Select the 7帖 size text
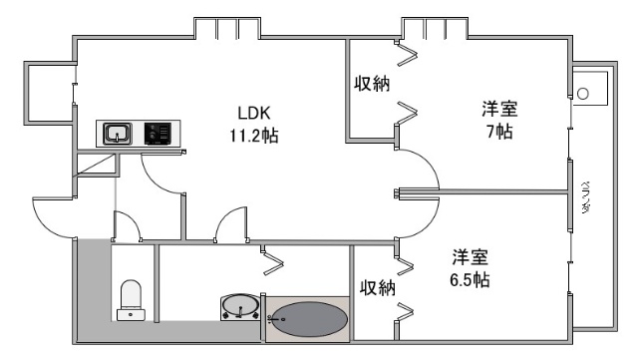pos(500,132)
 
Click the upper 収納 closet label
pos(372,85)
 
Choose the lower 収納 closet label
pos(378,287)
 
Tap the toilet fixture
pos(131,299)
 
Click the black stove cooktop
pos(158,134)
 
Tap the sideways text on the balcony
pos(587,198)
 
